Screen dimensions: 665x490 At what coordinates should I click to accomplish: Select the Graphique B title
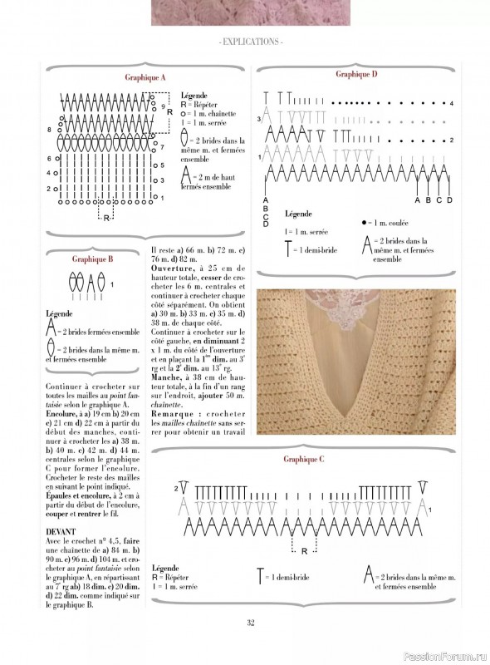pyautogui.click(x=92, y=259)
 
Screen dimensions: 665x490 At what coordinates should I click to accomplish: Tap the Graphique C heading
pyautogui.click(x=303, y=459)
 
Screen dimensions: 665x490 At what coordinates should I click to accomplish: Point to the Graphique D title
pyautogui.click(x=357, y=74)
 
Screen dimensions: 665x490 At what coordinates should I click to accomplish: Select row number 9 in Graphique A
pyautogui.click(x=163, y=106)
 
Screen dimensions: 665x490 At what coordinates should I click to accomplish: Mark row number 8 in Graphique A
pyautogui.click(x=50, y=131)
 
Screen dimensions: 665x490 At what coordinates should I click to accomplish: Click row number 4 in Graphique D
pyautogui.click(x=451, y=104)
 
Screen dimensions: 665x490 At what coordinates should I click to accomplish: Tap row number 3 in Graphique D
pyautogui.click(x=259, y=120)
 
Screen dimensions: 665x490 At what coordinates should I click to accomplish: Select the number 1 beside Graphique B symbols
pyautogui.click(x=112, y=284)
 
